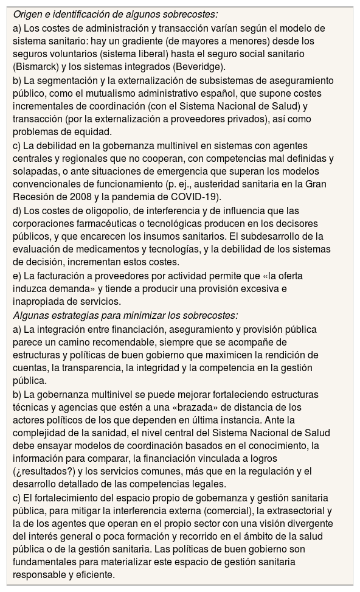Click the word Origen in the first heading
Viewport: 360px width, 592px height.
pos(29,15)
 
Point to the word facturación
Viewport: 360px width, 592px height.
pos(55,276)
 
